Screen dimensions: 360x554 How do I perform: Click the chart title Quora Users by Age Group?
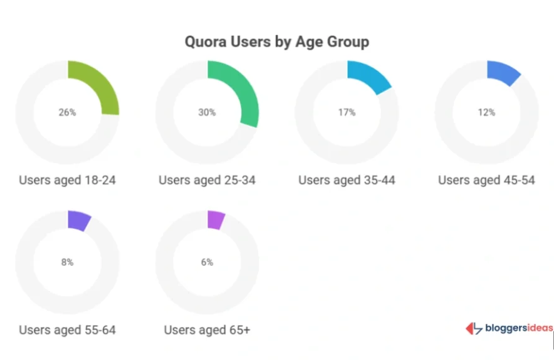[x=276, y=42]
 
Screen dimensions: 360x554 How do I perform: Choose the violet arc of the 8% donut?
[x=79, y=221]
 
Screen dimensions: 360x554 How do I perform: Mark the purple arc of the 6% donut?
[x=216, y=220]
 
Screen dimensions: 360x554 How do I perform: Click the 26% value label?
[x=67, y=112]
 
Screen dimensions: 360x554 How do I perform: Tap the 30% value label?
[x=207, y=112]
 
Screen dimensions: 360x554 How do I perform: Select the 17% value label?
[x=347, y=112]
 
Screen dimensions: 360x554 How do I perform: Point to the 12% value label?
[x=486, y=112]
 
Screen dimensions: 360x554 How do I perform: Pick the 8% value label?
[x=67, y=262]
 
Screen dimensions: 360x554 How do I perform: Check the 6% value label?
[x=207, y=262]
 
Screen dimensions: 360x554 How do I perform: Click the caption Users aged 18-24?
[x=67, y=181]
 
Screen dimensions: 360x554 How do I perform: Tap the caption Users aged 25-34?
[x=207, y=181]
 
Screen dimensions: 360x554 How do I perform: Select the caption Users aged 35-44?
[x=347, y=181]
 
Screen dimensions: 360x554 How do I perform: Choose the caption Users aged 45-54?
[x=486, y=181]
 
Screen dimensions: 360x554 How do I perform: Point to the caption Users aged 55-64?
[x=67, y=330]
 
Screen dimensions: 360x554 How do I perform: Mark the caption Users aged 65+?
[x=207, y=330]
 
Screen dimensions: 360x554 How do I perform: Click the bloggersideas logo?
[x=509, y=329]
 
